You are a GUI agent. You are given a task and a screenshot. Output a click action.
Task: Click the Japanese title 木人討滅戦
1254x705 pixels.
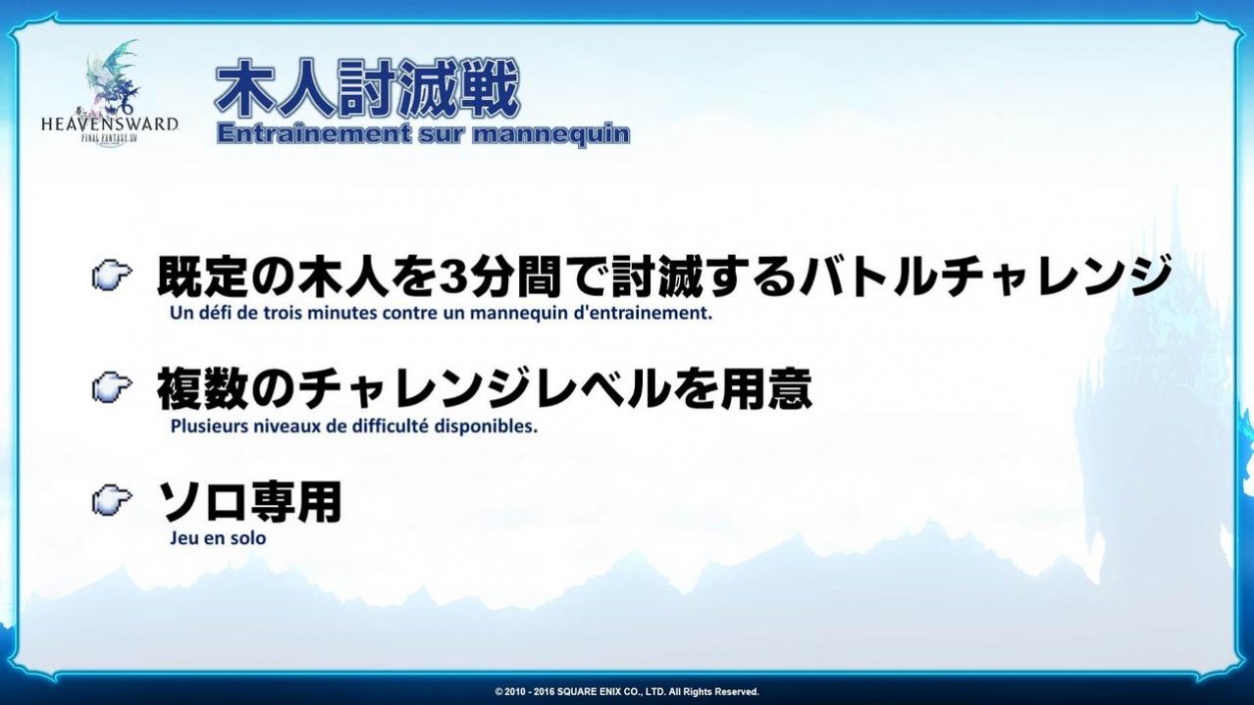coord(367,89)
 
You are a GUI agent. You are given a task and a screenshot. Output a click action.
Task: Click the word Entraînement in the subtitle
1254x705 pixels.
coord(314,134)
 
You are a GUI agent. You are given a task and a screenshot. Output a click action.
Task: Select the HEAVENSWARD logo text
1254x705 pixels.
coord(110,124)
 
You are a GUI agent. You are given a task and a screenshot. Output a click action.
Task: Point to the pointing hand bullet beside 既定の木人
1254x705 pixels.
coord(112,277)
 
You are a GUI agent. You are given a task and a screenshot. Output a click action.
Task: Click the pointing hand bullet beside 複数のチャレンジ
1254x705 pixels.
coord(112,387)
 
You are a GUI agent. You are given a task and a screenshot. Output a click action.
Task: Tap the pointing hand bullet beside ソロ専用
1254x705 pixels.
coord(112,500)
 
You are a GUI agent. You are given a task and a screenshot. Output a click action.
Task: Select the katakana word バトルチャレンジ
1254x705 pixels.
coord(984,277)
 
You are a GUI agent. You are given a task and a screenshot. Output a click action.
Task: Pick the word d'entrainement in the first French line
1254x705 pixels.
coord(644,313)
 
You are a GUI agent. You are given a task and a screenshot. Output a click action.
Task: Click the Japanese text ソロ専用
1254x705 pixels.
coord(249,501)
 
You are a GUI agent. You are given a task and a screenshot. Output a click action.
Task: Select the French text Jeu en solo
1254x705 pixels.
coord(218,538)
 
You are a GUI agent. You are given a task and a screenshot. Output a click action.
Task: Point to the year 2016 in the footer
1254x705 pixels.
coord(544,692)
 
